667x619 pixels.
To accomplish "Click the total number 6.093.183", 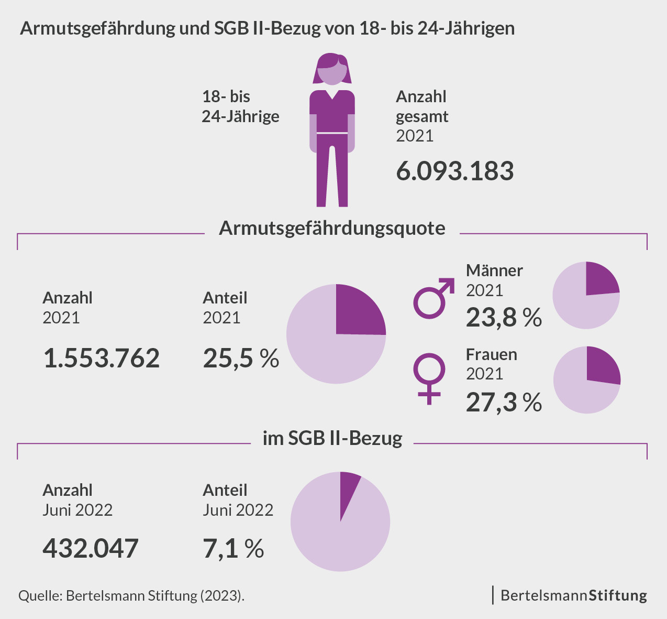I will (454, 171).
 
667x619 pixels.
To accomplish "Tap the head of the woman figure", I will (332, 69).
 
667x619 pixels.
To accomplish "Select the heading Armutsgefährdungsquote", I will (332, 228).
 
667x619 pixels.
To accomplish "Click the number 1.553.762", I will (101, 359).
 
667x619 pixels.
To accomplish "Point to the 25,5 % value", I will (241, 359).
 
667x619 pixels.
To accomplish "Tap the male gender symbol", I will (433, 299).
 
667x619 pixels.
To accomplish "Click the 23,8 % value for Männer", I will (504, 318).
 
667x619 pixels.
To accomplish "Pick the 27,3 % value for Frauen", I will (504, 402).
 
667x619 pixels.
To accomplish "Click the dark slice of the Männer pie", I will (600, 279).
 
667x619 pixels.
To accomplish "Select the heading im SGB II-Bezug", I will (332, 438).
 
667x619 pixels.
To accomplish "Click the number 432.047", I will (90, 548).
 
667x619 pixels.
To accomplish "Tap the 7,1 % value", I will (233, 548).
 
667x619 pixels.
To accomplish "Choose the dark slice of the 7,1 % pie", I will (348, 487).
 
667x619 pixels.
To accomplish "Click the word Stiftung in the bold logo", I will (618, 595).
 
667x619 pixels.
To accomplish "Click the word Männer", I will (494, 270).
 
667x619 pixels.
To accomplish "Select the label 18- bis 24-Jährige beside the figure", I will (240, 106).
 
